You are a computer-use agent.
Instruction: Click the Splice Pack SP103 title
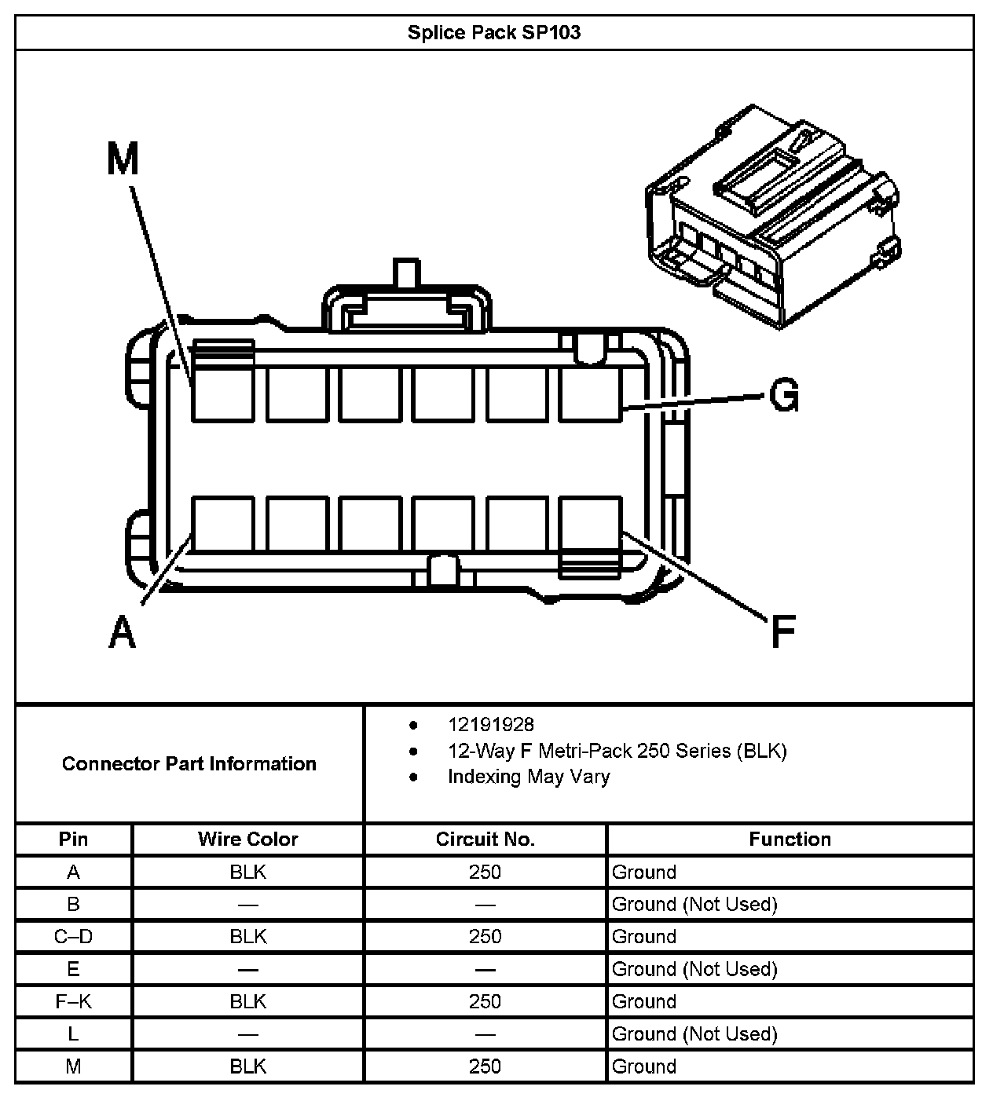tap(494, 33)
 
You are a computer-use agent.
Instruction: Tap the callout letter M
tap(123, 159)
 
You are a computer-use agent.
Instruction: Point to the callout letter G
tap(783, 394)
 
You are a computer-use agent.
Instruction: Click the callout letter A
tap(123, 632)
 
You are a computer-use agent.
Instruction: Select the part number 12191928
tap(490, 725)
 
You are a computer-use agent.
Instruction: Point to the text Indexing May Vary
tap(528, 777)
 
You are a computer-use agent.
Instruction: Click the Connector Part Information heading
tap(189, 763)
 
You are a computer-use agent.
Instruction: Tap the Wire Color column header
tap(248, 839)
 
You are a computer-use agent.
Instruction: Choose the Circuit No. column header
tap(485, 839)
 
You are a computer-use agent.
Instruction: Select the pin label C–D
tap(73, 936)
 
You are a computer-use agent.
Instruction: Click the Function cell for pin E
tap(694, 969)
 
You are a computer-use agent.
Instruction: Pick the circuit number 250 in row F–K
tap(485, 1001)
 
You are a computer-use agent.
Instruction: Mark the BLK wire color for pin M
tap(248, 1066)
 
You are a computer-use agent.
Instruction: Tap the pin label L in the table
tap(73, 1033)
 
